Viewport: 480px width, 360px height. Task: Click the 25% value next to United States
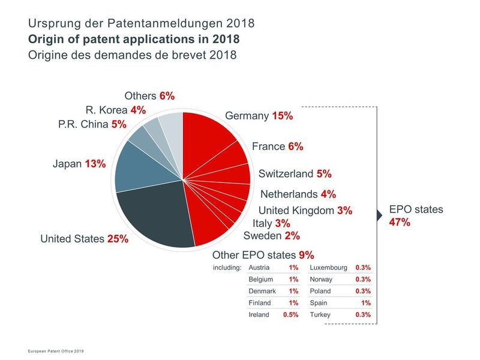[x=118, y=239]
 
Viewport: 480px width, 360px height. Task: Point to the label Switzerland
[x=286, y=174]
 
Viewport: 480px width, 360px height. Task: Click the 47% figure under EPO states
[x=400, y=222]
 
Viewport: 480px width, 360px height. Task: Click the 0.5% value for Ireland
[x=291, y=314]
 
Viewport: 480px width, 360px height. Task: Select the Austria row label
[x=259, y=268]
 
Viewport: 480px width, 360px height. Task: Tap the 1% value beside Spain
[x=366, y=303]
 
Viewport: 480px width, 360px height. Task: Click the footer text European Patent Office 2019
[x=59, y=350]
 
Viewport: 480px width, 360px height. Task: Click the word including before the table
[x=227, y=268]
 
